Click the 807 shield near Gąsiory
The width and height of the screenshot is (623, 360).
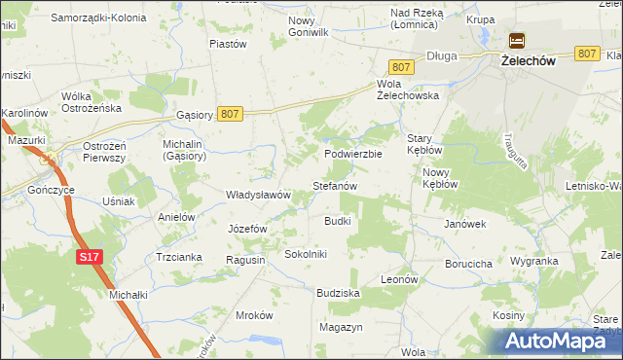[230, 114]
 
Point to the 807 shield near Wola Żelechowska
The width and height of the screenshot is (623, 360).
[402, 66]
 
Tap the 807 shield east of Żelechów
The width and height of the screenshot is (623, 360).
[586, 54]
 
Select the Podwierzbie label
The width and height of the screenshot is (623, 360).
[353, 154]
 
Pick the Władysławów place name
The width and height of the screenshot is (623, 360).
[258, 195]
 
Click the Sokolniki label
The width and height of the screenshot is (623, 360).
[306, 254]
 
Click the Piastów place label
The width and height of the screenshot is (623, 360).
[229, 44]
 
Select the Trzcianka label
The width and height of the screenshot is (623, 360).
[178, 257]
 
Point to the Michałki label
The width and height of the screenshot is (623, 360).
[128, 294]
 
